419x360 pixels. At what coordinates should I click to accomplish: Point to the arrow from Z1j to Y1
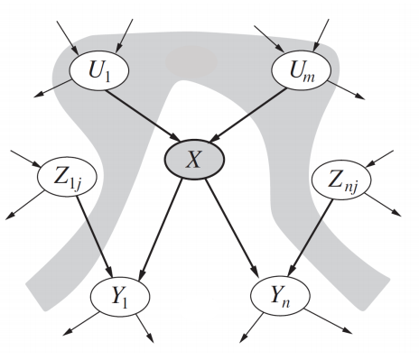93,239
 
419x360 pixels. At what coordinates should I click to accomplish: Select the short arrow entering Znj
380,163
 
